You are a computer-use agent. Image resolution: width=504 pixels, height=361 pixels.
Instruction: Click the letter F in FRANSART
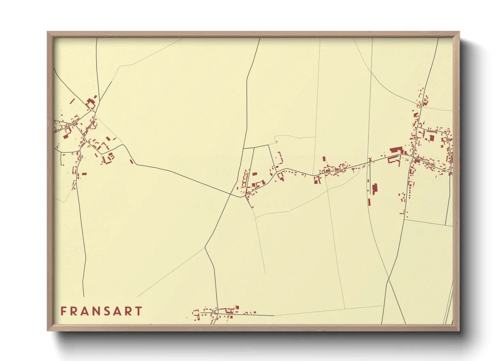coord(63,311)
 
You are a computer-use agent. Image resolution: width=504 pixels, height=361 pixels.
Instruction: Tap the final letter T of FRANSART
coord(138,311)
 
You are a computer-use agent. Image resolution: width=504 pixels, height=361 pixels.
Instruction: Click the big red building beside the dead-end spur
coord(375,189)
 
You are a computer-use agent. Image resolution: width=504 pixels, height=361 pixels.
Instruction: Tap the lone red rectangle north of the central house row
coord(324,159)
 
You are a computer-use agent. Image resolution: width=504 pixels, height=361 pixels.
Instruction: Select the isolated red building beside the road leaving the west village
coord(131,161)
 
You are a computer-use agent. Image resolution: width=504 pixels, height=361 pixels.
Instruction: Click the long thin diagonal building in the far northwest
coord(72,101)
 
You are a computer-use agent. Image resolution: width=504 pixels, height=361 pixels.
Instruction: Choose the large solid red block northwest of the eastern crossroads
coord(396,150)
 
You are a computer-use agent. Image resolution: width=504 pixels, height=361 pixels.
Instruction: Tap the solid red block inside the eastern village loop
coord(432,138)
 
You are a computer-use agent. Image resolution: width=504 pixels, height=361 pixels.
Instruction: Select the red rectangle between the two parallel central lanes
coord(254,174)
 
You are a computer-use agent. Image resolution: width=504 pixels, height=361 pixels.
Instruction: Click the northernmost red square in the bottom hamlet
coord(237,307)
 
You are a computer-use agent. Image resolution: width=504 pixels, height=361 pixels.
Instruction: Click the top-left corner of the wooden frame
coord(48,32)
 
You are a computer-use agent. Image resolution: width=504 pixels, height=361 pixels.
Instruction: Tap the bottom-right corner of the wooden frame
coord(459,330)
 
